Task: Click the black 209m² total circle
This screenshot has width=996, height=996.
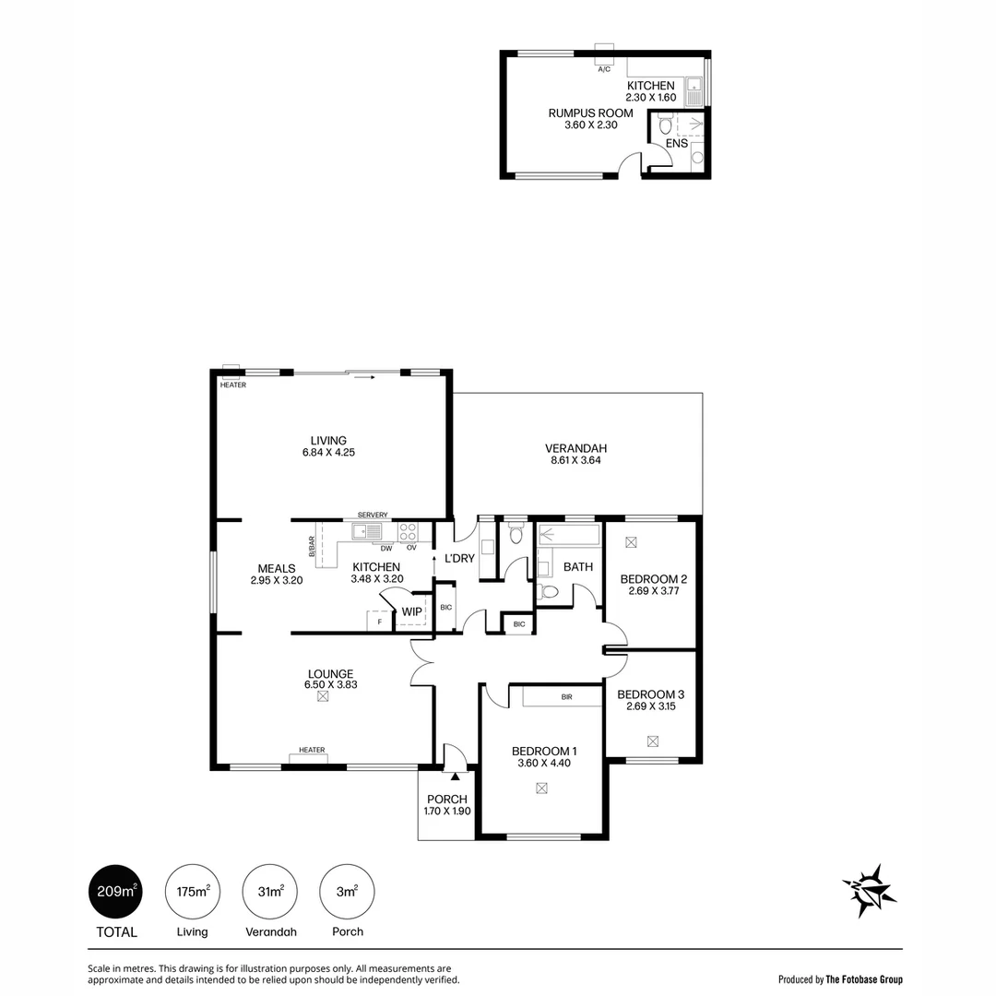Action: [x=115, y=891]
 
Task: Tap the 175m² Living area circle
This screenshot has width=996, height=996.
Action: [x=193, y=891]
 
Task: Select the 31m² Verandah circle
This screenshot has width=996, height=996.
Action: [x=270, y=891]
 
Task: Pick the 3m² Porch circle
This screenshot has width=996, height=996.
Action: [x=347, y=891]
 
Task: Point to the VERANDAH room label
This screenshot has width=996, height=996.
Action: [x=575, y=448]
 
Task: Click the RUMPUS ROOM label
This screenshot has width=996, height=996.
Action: [x=591, y=113]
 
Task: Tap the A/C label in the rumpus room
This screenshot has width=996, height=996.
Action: [x=604, y=69]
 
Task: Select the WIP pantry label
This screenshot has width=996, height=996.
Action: [x=411, y=611]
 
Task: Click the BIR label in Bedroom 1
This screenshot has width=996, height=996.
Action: [x=566, y=697]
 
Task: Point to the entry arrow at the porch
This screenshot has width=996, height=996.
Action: [x=455, y=776]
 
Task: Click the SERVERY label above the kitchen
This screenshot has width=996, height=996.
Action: [x=373, y=515]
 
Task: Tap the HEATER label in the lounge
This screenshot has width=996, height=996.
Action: [x=312, y=750]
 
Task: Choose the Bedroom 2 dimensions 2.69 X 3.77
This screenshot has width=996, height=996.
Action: [x=654, y=591]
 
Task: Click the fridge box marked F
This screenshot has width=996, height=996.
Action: [x=380, y=621]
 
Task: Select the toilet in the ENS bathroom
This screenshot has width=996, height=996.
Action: [x=665, y=124]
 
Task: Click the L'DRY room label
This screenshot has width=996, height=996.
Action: [x=459, y=558]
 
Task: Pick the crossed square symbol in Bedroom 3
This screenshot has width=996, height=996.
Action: [x=652, y=741]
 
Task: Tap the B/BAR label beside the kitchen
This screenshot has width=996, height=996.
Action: [x=312, y=546]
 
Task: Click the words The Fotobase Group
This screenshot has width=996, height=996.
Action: [x=864, y=979]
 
